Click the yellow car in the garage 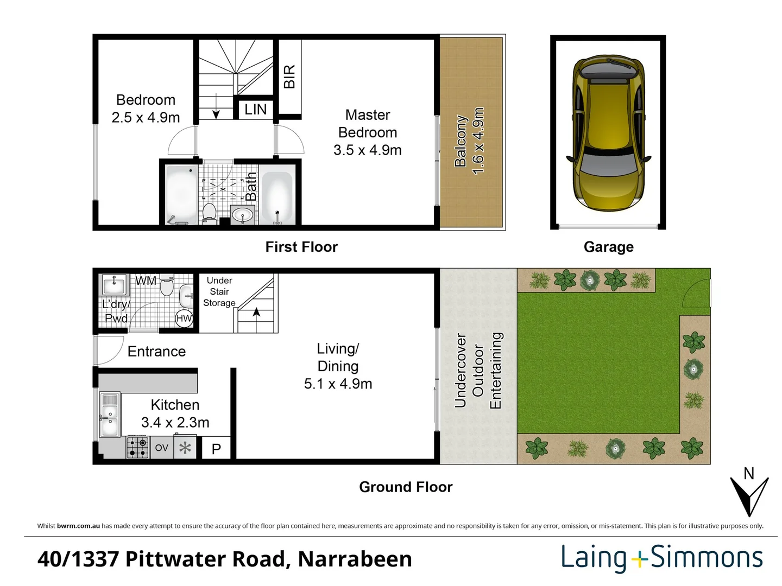[x=608, y=133]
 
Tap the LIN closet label [x=255, y=110]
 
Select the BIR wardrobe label [x=289, y=77]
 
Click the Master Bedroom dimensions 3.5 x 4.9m [x=368, y=150]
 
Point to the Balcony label [x=461, y=141]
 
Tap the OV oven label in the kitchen [x=161, y=448]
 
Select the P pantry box [x=216, y=449]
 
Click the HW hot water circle [x=184, y=319]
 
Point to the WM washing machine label [x=146, y=281]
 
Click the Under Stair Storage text [x=219, y=291]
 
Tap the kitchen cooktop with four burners [x=138, y=448]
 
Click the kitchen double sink [x=110, y=416]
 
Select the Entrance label [x=156, y=352]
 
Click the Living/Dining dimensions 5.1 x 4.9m [x=338, y=384]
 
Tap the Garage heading [x=608, y=247]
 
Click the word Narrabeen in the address [x=355, y=559]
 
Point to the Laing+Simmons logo [x=661, y=558]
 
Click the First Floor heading [x=301, y=247]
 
